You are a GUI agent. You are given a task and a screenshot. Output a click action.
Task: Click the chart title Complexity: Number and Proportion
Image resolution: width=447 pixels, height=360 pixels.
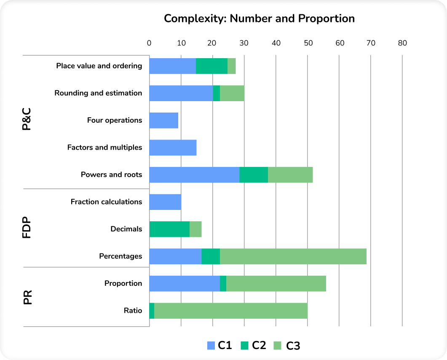click(259, 19)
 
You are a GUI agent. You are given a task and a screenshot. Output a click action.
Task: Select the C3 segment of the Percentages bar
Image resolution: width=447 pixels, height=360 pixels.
click(293, 256)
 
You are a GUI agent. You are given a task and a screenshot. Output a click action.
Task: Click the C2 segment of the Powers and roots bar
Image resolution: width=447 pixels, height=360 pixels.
click(254, 175)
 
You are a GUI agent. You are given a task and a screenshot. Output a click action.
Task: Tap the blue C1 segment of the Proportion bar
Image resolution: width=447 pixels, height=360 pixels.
click(185, 283)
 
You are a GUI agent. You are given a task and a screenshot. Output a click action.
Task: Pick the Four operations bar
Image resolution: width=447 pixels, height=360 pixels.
click(164, 121)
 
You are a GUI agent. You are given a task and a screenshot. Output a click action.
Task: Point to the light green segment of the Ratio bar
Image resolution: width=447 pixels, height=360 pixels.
click(231, 311)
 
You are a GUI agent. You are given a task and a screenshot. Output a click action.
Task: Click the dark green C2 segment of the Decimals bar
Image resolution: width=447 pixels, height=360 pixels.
click(170, 229)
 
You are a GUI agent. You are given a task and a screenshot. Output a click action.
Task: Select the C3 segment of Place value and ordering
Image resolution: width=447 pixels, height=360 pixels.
click(231, 66)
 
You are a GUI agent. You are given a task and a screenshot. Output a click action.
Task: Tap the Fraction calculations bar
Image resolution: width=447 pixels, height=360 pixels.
click(165, 202)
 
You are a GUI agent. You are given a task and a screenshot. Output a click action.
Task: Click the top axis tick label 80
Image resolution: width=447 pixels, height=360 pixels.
click(402, 43)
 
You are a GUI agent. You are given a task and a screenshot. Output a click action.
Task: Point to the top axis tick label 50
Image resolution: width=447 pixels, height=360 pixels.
click(308, 43)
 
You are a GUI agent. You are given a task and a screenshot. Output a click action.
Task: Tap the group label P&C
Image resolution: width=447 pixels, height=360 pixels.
click(27, 121)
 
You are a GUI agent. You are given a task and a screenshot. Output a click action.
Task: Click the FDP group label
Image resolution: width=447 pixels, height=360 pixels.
click(27, 229)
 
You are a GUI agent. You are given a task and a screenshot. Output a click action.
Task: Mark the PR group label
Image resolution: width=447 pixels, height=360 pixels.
click(27, 297)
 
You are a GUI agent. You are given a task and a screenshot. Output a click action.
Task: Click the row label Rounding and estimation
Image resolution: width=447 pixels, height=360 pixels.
click(98, 93)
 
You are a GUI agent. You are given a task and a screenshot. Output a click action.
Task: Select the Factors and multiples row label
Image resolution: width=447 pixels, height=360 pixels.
click(104, 148)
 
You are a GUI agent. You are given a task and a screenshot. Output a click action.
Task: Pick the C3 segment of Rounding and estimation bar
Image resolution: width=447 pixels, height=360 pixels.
click(232, 93)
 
